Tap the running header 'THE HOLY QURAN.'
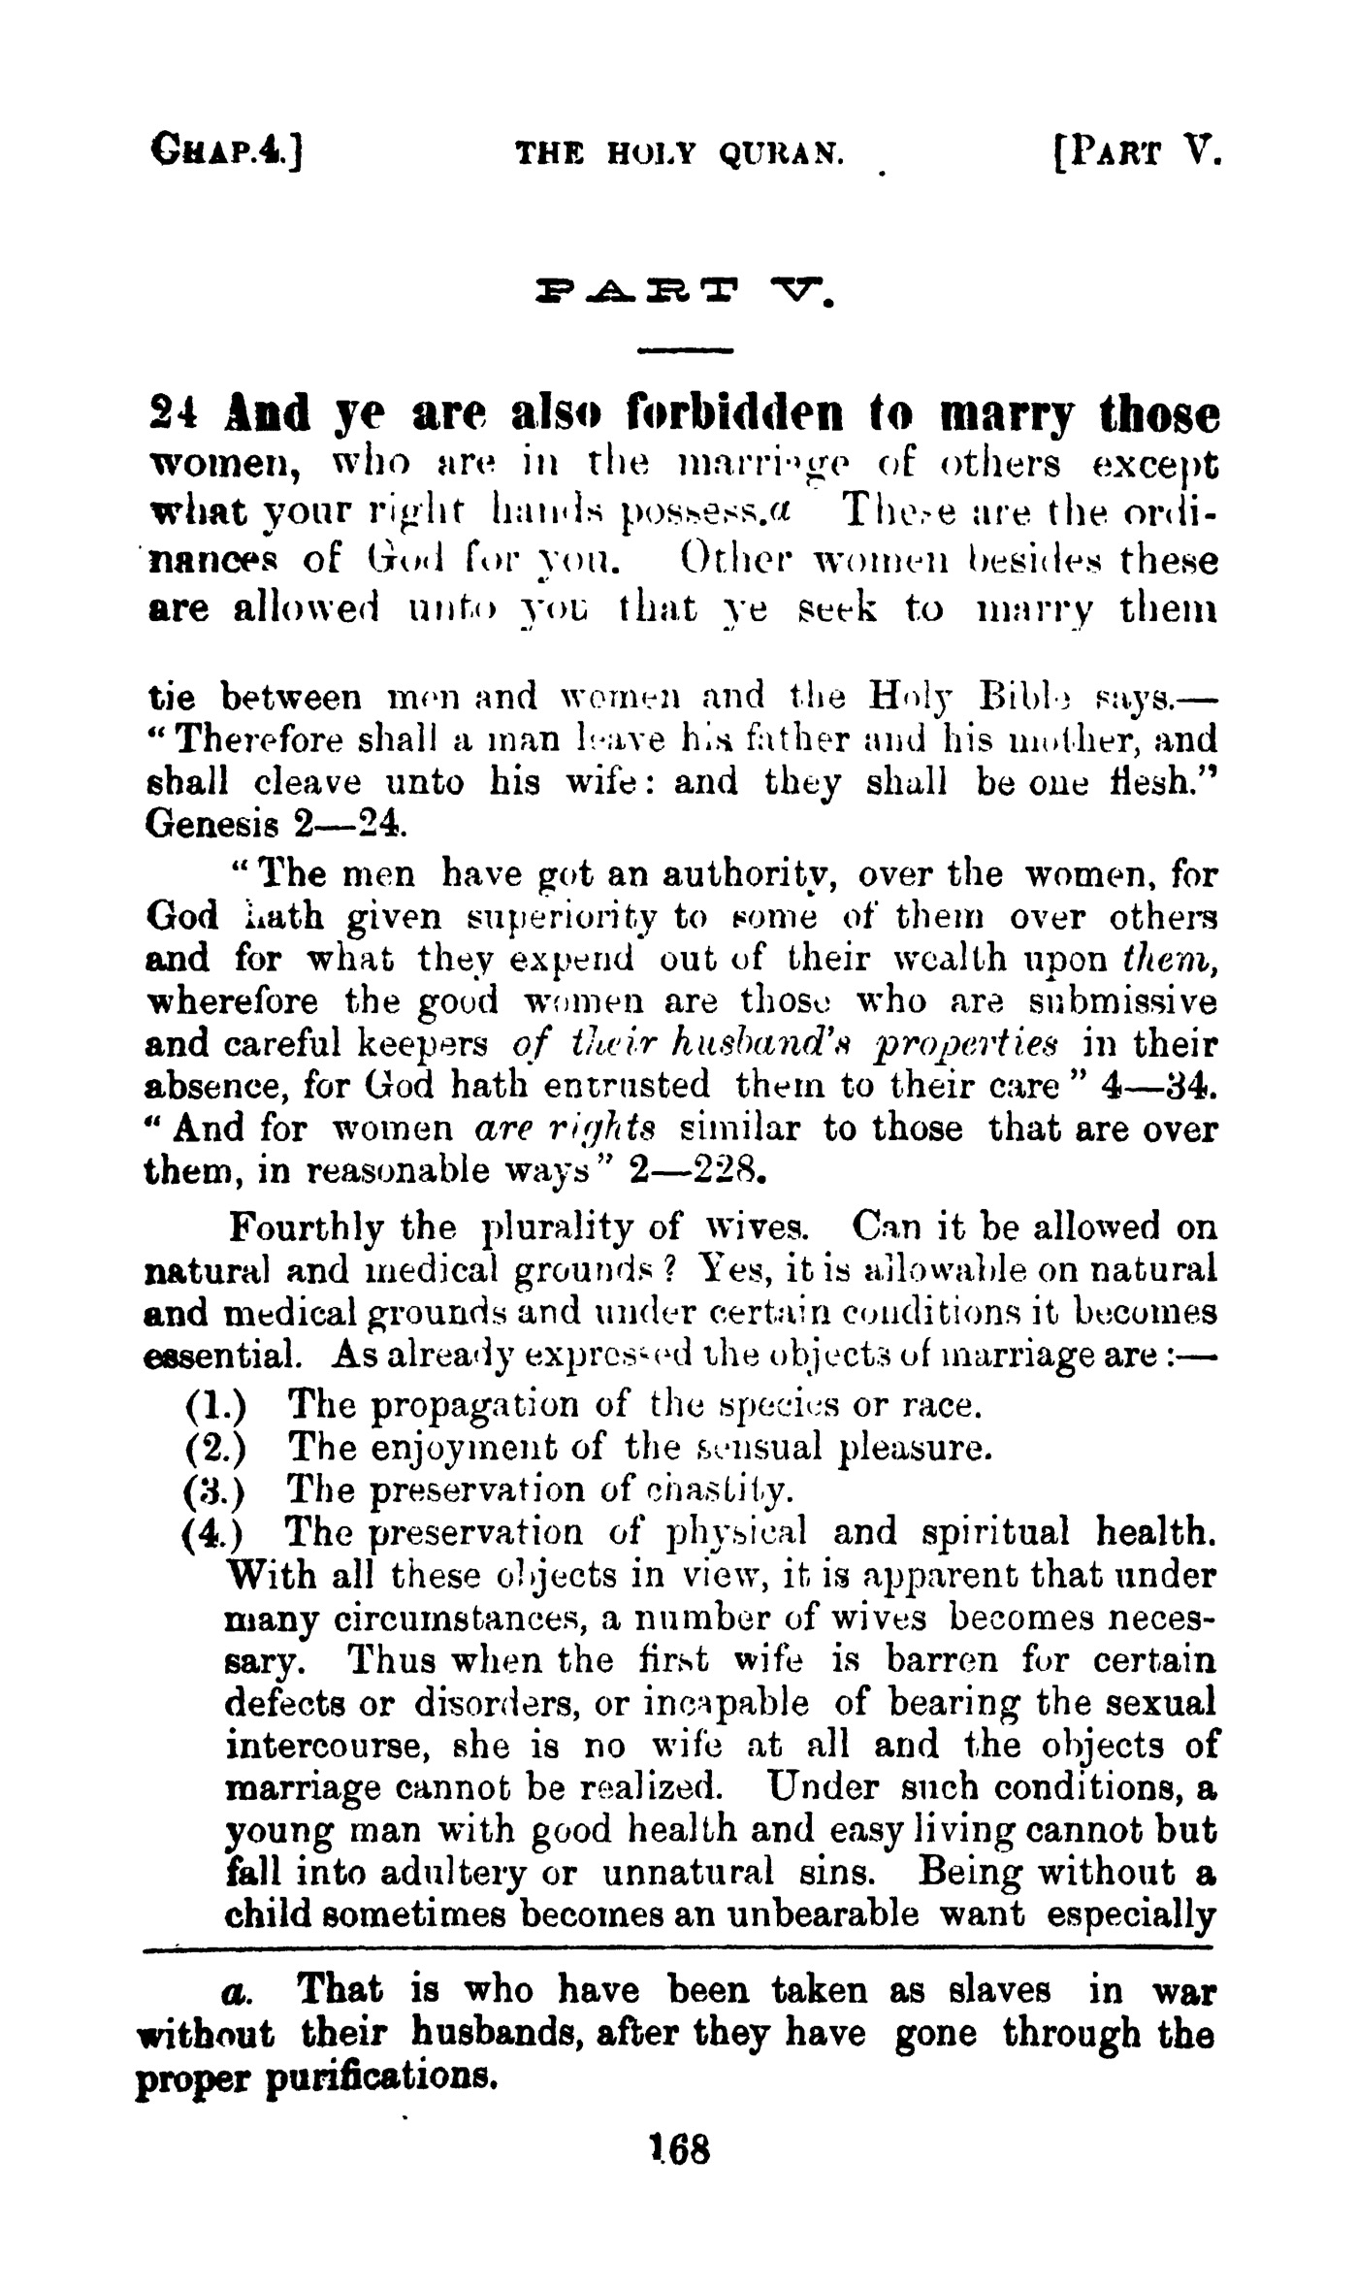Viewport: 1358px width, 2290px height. coord(678,152)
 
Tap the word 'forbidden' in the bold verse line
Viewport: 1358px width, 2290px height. coord(736,413)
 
